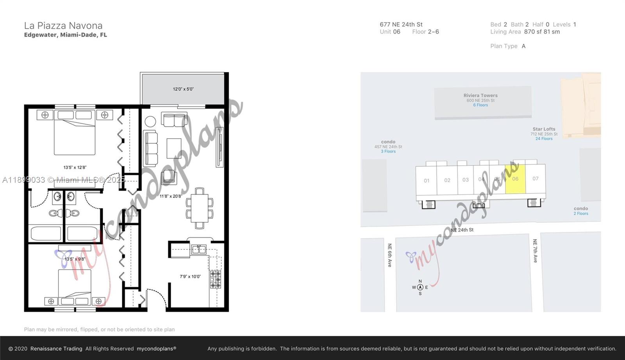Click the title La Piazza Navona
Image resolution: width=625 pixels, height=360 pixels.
tap(63, 26)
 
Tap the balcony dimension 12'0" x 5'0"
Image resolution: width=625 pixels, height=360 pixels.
tap(183, 89)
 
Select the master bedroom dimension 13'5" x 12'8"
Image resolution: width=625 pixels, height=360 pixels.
tap(75, 168)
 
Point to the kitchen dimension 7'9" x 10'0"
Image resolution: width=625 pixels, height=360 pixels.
tap(190, 276)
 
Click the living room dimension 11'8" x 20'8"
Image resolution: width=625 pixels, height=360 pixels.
tap(171, 196)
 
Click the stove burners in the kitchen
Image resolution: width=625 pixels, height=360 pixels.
tap(216, 280)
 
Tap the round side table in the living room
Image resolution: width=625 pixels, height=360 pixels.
tap(150, 121)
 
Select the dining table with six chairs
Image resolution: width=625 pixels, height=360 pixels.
tap(200, 208)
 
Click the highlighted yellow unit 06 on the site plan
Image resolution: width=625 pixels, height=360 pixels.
tap(515, 179)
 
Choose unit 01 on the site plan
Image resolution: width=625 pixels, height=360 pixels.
tap(427, 181)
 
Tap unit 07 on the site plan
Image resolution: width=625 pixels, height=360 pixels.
tap(536, 178)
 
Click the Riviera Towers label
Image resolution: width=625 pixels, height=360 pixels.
tap(480, 95)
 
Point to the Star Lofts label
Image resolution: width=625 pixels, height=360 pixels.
tap(544, 129)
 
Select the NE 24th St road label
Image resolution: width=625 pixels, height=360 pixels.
tap(462, 230)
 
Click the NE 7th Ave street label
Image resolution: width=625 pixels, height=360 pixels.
tap(535, 251)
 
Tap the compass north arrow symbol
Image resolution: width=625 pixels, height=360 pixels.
tap(420, 287)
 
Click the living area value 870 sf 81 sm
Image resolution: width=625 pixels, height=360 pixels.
tap(542, 32)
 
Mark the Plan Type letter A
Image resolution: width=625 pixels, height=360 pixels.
tap(523, 46)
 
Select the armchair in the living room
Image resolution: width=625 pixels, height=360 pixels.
tap(169, 177)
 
